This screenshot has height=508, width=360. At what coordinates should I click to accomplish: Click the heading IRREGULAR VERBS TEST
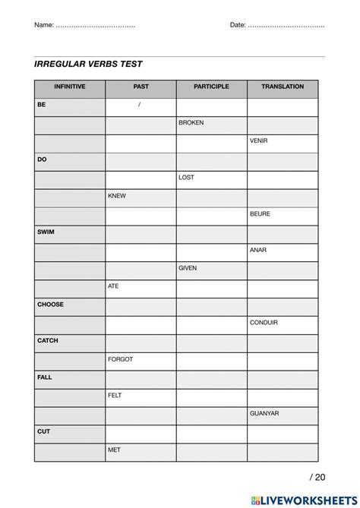(88, 65)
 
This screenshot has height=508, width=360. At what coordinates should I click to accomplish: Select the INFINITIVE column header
(69, 87)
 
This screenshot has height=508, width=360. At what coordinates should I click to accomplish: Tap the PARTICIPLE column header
(211, 87)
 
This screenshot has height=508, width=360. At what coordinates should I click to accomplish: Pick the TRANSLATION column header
(283, 87)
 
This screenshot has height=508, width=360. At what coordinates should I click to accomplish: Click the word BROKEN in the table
(191, 123)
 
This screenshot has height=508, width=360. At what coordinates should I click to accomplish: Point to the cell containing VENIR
(258, 141)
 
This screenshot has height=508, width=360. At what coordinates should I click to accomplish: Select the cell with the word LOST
(186, 178)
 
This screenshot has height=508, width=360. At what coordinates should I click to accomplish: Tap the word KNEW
(117, 196)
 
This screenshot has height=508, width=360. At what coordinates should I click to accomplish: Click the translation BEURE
(260, 214)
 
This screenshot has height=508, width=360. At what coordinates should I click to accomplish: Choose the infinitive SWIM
(46, 232)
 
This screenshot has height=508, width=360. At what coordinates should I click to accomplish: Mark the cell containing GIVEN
(188, 268)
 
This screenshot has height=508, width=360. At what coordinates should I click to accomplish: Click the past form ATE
(114, 286)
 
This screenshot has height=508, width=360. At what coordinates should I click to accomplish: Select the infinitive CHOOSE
(50, 304)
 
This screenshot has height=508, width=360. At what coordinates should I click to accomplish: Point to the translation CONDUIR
(264, 323)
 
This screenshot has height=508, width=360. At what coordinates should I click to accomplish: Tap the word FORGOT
(121, 359)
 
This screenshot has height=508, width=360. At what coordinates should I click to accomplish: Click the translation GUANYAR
(264, 413)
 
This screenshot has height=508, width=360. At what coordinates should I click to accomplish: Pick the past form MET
(114, 450)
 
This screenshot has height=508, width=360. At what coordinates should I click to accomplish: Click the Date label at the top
(238, 25)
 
